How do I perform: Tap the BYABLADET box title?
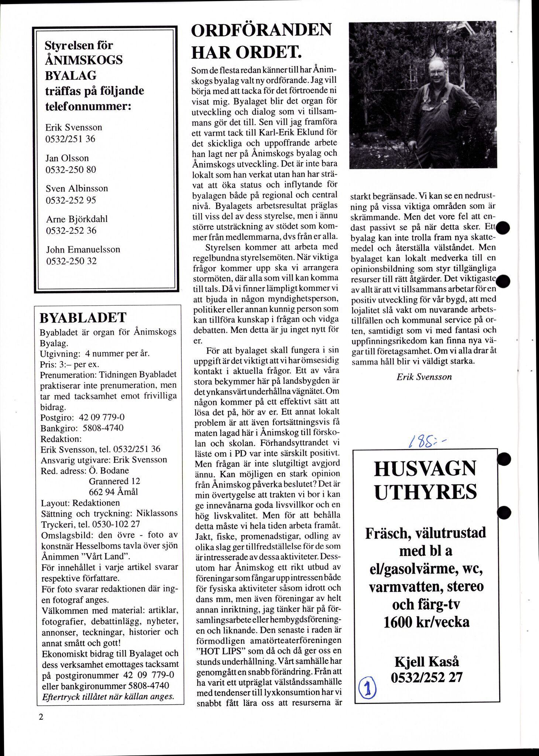click(83, 317)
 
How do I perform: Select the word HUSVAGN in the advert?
click(425, 469)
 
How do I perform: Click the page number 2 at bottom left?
click(41, 717)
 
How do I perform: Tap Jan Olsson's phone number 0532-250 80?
click(71, 170)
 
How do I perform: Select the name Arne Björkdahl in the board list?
click(77, 219)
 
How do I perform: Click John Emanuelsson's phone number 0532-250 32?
click(71, 261)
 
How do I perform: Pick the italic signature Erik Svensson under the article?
click(424, 377)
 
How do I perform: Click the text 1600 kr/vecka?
click(426, 622)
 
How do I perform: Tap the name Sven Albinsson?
click(77, 188)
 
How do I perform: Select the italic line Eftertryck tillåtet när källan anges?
click(108, 697)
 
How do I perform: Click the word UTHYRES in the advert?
click(426, 492)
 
